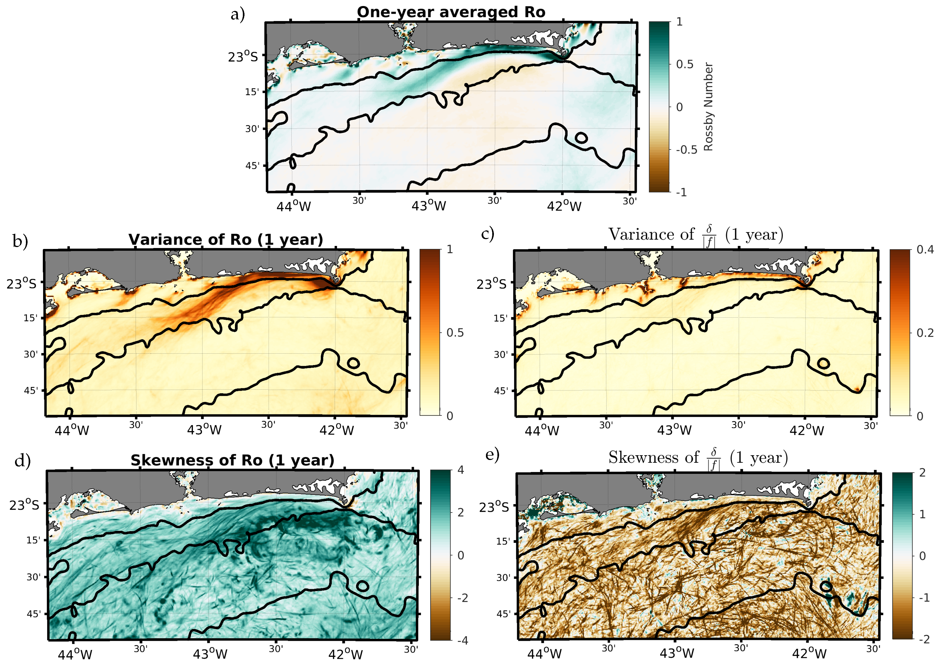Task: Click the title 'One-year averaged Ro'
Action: pos(451,12)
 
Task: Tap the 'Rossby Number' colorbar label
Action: pos(708,107)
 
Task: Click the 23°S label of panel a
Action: pos(243,56)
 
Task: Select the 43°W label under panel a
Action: pos(428,205)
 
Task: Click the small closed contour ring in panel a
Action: pos(580,138)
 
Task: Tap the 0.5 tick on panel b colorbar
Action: pos(455,332)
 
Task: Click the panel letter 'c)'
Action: pos(487,234)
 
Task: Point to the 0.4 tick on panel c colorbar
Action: pos(925,250)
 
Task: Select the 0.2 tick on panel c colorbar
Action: pos(925,333)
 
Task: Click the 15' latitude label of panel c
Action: pos(500,318)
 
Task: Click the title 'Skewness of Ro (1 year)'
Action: pos(232,460)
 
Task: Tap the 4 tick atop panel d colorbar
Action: pos(461,470)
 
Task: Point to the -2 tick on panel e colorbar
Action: pos(924,639)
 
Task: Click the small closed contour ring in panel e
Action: pos(826,586)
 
